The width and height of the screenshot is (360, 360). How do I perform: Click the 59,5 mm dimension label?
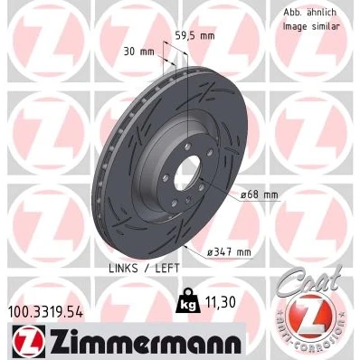click(195, 36)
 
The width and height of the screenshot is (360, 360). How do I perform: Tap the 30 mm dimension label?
click(138, 52)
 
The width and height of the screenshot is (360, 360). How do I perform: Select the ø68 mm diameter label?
click(260, 194)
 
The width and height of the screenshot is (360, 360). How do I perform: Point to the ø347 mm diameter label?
click(229, 251)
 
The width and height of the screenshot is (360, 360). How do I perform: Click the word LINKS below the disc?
click(123, 268)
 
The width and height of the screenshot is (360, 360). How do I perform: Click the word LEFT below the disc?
click(167, 268)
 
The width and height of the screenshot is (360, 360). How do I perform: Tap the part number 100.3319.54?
click(46, 312)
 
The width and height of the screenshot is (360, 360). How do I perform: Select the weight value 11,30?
click(220, 302)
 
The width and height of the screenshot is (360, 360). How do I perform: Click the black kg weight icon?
click(187, 300)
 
